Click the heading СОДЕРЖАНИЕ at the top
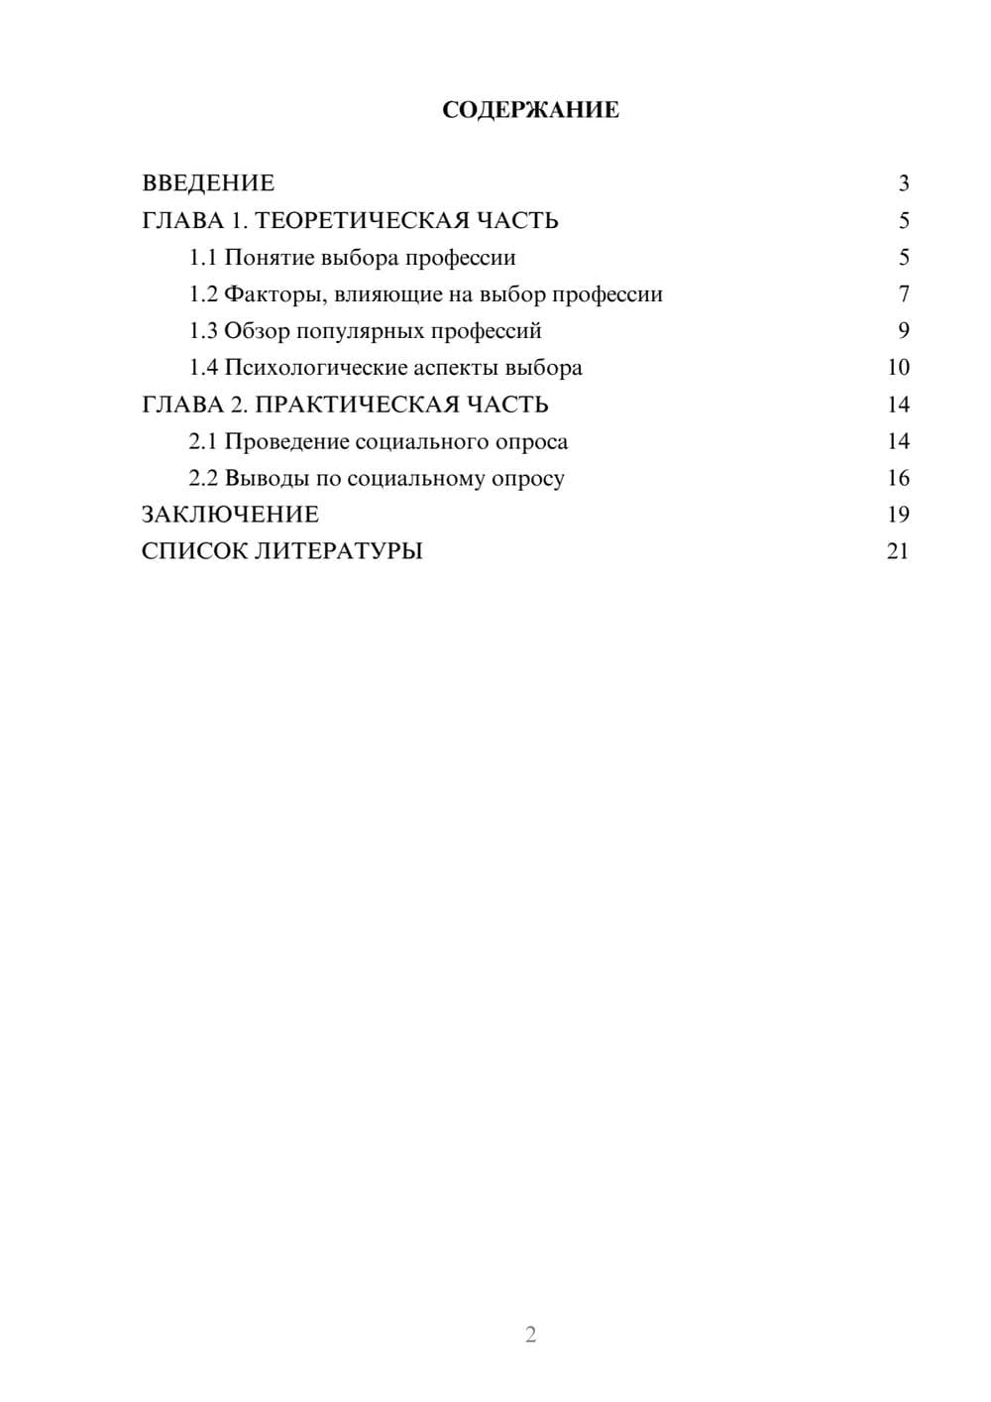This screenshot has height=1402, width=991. pyautogui.click(x=530, y=110)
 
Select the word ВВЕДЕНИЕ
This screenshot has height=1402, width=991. pyautogui.click(x=208, y=183)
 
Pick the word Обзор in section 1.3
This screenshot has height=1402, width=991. pyautogui.click(x=257, y=331)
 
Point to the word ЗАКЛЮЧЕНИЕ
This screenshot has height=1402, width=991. pyautogui.click(x=230, y=515)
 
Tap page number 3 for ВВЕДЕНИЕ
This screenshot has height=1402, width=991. pyautogui.click(x=904, y=183)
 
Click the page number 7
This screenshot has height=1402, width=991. pyautogui.click(x=904, y=294)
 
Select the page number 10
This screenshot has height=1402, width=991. pyautogui.click(x=898, y=368)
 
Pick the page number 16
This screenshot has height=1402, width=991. pyautogui.click(x=898, y=479)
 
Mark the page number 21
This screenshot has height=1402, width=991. pyautogui.click(x=898, y=551)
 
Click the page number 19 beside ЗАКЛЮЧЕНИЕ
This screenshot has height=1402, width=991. pyautogui.click(x=898, y=515)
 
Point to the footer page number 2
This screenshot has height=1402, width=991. pyautogui.click(x=530, y=1335)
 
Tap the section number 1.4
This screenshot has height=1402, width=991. pyautogui.click(x=203, y=368)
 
